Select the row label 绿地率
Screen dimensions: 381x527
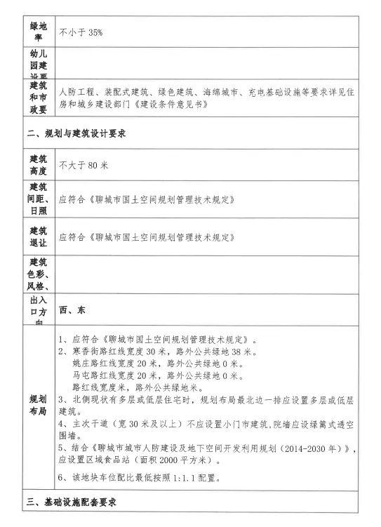(x=37, y=32)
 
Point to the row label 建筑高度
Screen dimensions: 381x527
(x=37, y=166)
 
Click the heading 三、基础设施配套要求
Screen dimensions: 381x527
(x=75, y=503)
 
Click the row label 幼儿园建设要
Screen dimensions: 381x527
(x=37, y=63)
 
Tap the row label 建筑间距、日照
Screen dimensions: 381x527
(x=37, y=199)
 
